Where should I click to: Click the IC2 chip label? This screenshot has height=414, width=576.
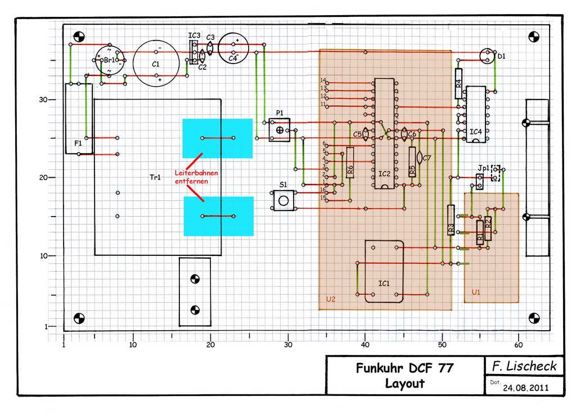point(385,174)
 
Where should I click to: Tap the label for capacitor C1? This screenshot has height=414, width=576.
point(156,64)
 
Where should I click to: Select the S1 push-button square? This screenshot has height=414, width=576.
point(283,200)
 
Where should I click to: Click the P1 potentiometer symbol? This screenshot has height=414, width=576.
point(280,130)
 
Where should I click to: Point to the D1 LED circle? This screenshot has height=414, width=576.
point(485,56)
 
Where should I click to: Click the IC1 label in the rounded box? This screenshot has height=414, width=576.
point(384,283)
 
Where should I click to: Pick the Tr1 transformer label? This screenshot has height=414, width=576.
point(155,177)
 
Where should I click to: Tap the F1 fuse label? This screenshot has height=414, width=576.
point(78,143)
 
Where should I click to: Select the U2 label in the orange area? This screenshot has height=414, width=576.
point(331,299)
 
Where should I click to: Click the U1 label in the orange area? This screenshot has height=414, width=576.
point(476,292)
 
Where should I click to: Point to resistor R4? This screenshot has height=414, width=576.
point(459,83)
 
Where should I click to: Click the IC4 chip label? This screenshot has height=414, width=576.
point(476,132)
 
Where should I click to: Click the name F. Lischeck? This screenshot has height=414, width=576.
point(524,366)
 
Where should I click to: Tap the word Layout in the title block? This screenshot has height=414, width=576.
point(404,384)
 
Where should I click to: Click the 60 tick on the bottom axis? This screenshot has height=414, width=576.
point(519,344)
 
